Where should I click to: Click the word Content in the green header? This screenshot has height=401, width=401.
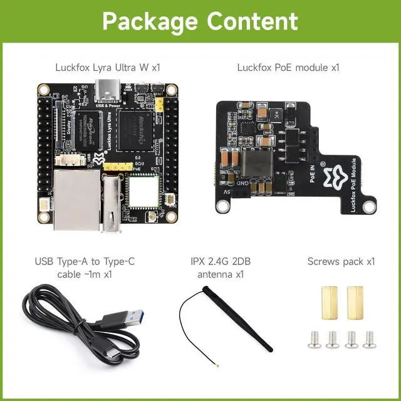[253, 21]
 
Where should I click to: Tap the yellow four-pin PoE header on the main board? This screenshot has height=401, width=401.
[118, 168]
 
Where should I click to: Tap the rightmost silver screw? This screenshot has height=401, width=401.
[371, 339]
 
